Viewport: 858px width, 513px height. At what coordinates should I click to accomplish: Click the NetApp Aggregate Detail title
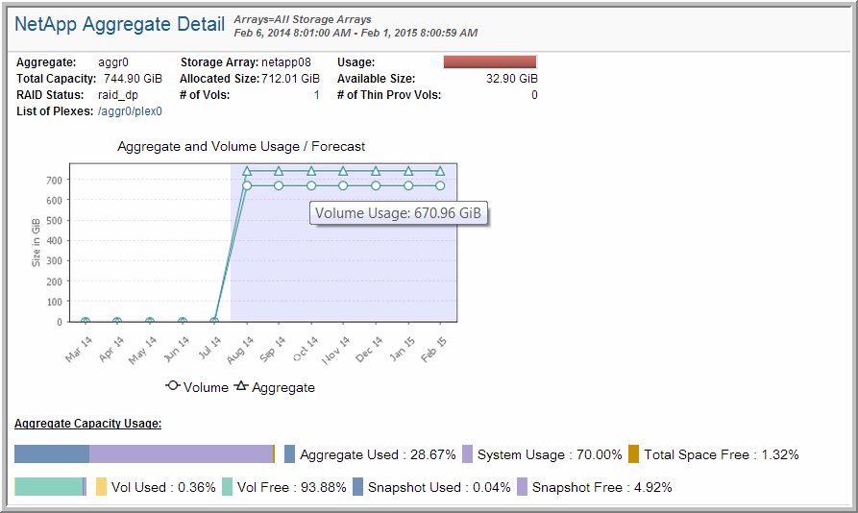click(120, 25)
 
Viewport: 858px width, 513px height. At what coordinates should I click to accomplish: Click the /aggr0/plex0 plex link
click(131, 111)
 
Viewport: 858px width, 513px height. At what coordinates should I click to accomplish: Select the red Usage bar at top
click(489, 62)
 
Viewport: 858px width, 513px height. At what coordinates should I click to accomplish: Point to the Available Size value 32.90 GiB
click(511, 79)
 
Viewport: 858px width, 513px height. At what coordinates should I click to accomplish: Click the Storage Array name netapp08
click(287, 62)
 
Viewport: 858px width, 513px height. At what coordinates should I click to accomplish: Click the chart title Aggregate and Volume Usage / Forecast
click(241, 147)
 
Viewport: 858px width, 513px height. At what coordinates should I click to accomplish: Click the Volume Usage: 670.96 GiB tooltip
click(399, 213)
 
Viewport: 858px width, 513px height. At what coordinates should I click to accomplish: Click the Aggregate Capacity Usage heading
click(87, 424)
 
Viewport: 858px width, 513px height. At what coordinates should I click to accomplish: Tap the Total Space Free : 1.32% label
click(721, 454)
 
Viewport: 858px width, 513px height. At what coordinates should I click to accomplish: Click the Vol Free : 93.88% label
click(291, 487)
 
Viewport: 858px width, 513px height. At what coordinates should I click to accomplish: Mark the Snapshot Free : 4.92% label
click(601, 487)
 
